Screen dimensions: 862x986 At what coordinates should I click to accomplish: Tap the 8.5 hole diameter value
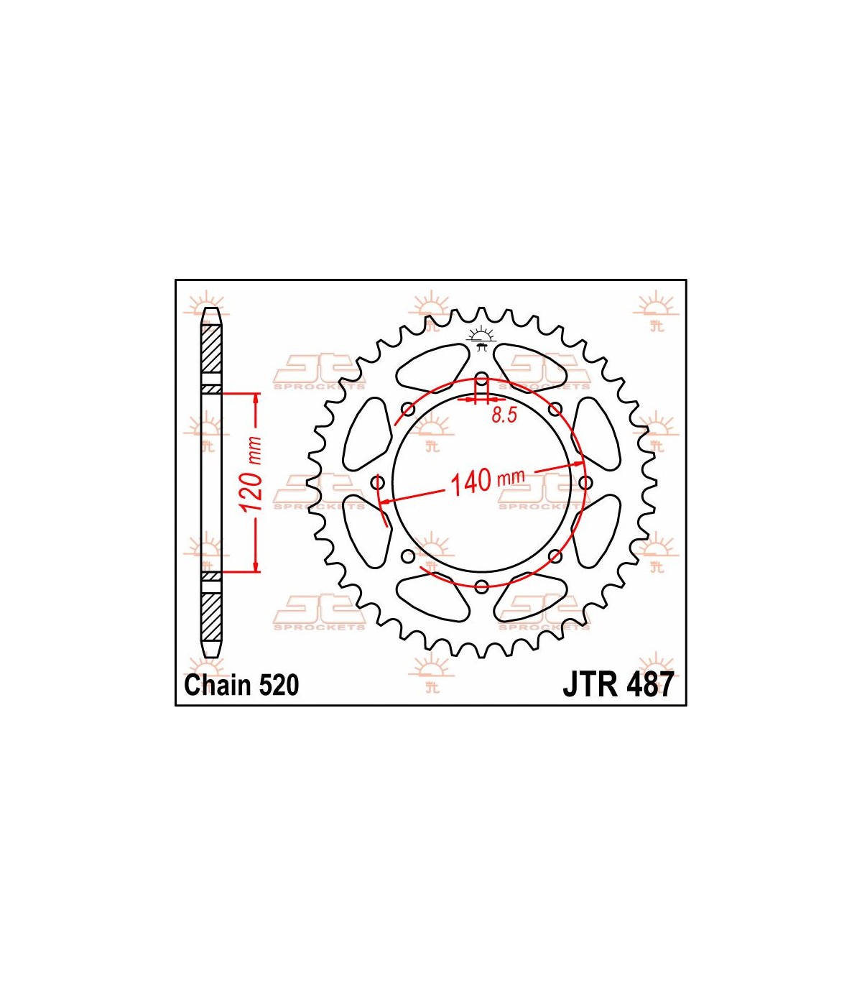tap(504, 415)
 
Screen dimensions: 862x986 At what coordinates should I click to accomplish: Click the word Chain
tap(218, 686)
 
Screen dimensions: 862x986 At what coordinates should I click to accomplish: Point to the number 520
tap(279, 686)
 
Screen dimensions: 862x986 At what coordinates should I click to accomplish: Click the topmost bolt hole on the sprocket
tap(481, 378)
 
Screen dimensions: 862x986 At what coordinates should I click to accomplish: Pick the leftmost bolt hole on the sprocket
tap(378, 482)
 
